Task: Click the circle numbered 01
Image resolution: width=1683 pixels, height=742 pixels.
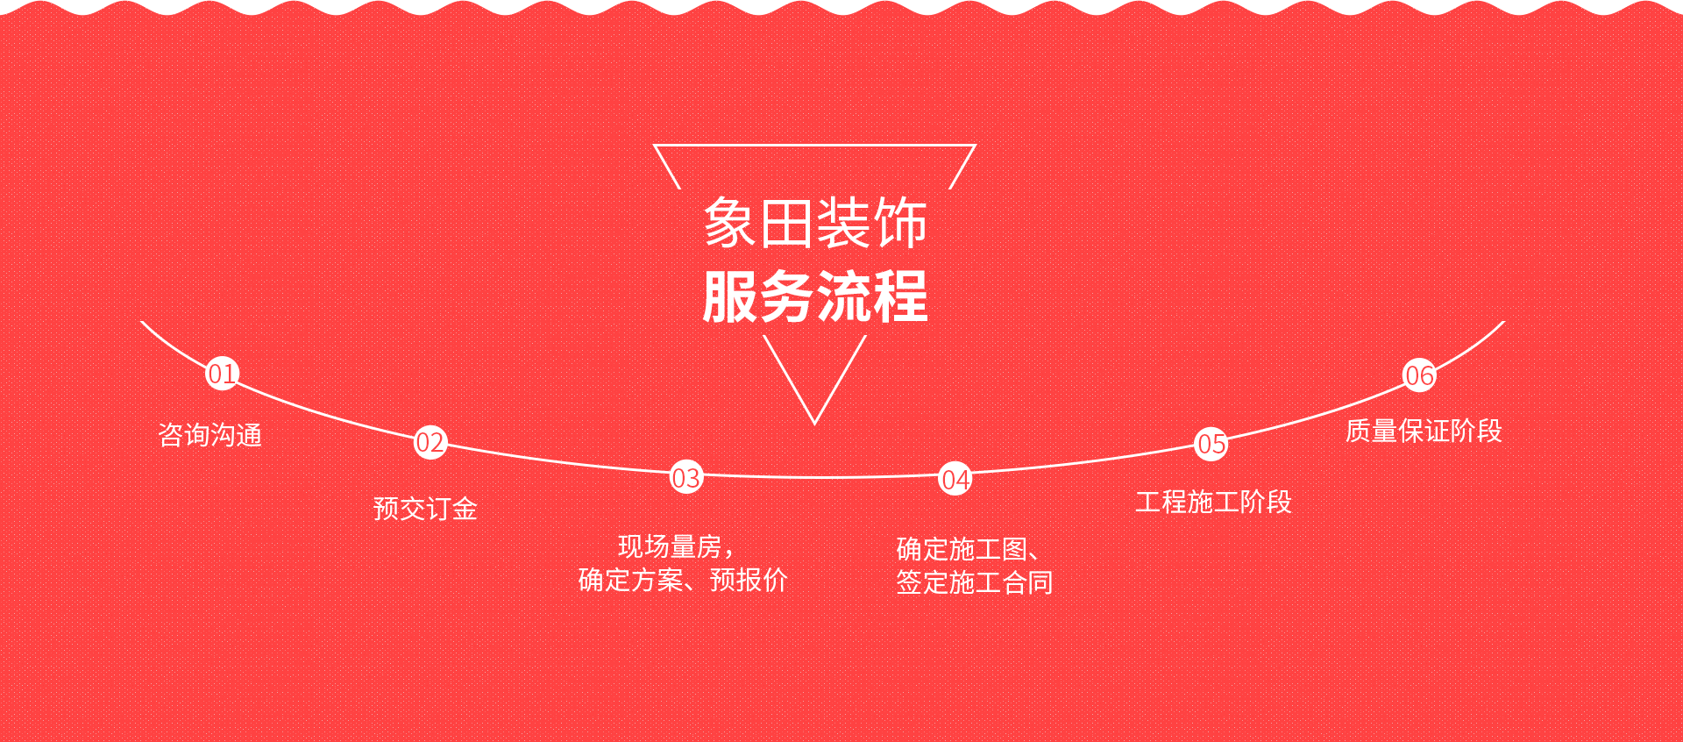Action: point(222,374)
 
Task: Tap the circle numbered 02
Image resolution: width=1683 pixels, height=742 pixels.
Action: point(430,442)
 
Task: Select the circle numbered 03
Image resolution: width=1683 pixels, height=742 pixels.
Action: point(686,477)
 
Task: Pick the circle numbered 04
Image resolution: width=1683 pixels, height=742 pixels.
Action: point(955,479)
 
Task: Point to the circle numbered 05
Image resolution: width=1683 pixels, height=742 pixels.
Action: point(1211,444)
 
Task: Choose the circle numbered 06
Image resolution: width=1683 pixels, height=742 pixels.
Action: point(1419,375)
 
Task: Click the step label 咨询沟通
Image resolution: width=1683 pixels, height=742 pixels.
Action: point(210,435)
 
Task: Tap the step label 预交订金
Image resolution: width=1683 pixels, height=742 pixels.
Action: point(425,509)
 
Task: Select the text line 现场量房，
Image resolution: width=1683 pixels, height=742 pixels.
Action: point(676,547)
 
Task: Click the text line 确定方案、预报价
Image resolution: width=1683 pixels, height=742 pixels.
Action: point(683,580)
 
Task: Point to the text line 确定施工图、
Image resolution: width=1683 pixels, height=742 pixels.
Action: point(969,550)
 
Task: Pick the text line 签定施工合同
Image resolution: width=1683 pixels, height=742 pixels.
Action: point(975,582)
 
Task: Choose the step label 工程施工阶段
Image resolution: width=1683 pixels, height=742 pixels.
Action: point(1214,502)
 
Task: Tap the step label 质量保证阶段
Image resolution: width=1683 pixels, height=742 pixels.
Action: point(1424,431)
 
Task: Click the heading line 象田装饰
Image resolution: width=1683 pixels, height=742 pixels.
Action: point(815,223)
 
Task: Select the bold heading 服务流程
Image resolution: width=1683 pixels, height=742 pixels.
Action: point(815,296)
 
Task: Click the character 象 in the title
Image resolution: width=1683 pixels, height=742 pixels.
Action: point(730,223)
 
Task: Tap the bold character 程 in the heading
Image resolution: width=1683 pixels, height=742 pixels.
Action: point(900,296)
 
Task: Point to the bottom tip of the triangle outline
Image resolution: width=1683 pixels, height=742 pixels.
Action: point(814,425)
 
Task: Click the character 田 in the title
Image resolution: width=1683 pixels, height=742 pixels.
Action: point(786,223)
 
